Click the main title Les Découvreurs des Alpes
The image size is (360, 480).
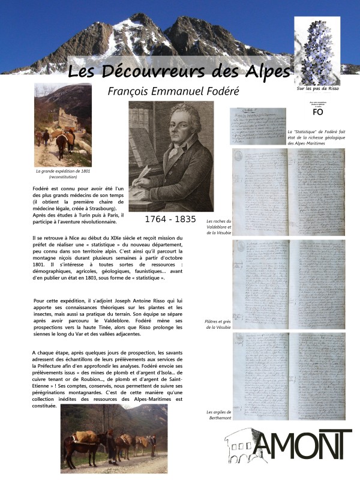pyautogui.click(x=179, y=71)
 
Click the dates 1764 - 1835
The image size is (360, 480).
pyautogui.click(x=170, y=219)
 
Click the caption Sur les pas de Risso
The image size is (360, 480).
pyautogui.click(x=318, y=89)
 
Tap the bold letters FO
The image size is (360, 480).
pyautogui.click(x=319, y=112)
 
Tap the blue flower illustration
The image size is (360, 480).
pyautogui.click(x=318, y=51)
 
